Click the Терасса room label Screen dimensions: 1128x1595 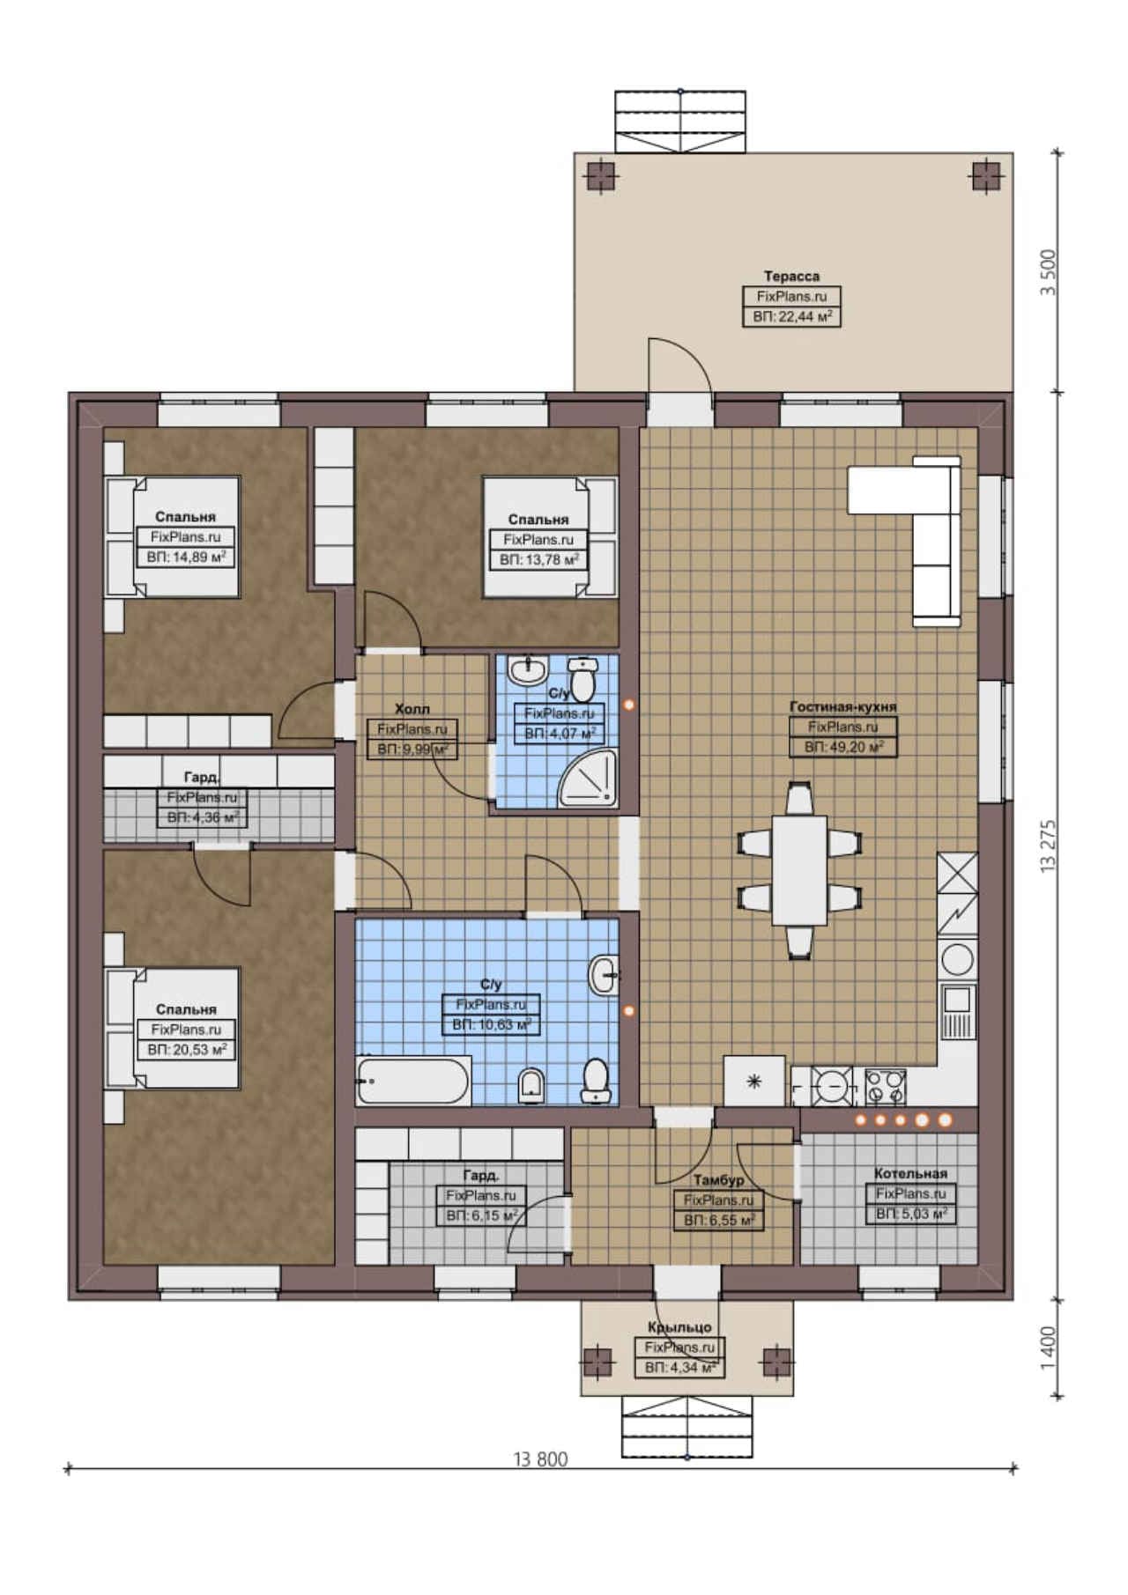791,277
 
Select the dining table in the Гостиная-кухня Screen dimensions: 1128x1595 799,870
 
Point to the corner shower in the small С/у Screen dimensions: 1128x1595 589,778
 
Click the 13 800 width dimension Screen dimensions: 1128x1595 541,1459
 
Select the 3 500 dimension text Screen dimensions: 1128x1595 1048,273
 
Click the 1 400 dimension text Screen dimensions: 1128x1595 1048,1348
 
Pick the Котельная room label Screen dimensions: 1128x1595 910,1173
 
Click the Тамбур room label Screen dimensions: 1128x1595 718,1179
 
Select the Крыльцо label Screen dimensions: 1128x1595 679,1327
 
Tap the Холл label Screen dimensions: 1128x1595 412,708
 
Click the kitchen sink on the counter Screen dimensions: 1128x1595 958,1012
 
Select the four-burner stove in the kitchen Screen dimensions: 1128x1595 885,1086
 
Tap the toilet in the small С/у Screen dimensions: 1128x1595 583,678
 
